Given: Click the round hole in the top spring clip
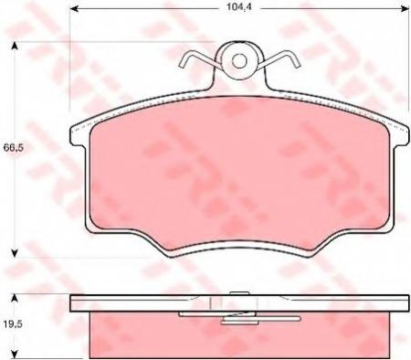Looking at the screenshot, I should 240,62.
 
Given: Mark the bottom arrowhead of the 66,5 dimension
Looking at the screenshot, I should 13,253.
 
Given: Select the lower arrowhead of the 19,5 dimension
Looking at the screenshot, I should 13,356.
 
